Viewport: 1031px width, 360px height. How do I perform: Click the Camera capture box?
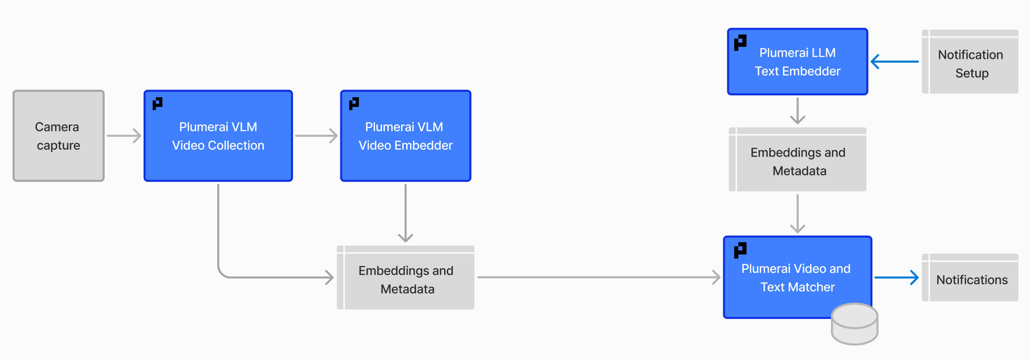click(x=58, y=136)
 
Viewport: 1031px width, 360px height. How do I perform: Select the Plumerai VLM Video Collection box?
click(x=218, y=136)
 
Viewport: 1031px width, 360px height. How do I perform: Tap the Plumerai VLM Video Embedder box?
click(x=405, y=136)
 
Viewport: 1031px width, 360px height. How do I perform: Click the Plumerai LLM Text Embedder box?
click(x=797, y=62)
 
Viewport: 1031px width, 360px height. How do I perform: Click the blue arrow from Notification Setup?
click(x=894, y=62)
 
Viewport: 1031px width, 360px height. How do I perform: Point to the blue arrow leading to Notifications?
click(x=896, y=278)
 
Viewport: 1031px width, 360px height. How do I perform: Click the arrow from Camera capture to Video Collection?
click(x=124, y=136)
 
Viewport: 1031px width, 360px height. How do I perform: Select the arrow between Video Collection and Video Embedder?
click(x=316, y=136)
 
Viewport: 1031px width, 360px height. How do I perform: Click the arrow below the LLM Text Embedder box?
click(x=797, y=111)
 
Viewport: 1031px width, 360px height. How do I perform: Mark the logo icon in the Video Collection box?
click(x=158, y=103)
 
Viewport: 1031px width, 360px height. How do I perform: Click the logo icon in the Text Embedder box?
click(x=740, y=43)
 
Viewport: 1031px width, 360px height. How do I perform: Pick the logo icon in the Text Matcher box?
click(x=740, y=250)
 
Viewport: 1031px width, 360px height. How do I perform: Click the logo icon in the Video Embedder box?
click(x=354, y=103)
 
